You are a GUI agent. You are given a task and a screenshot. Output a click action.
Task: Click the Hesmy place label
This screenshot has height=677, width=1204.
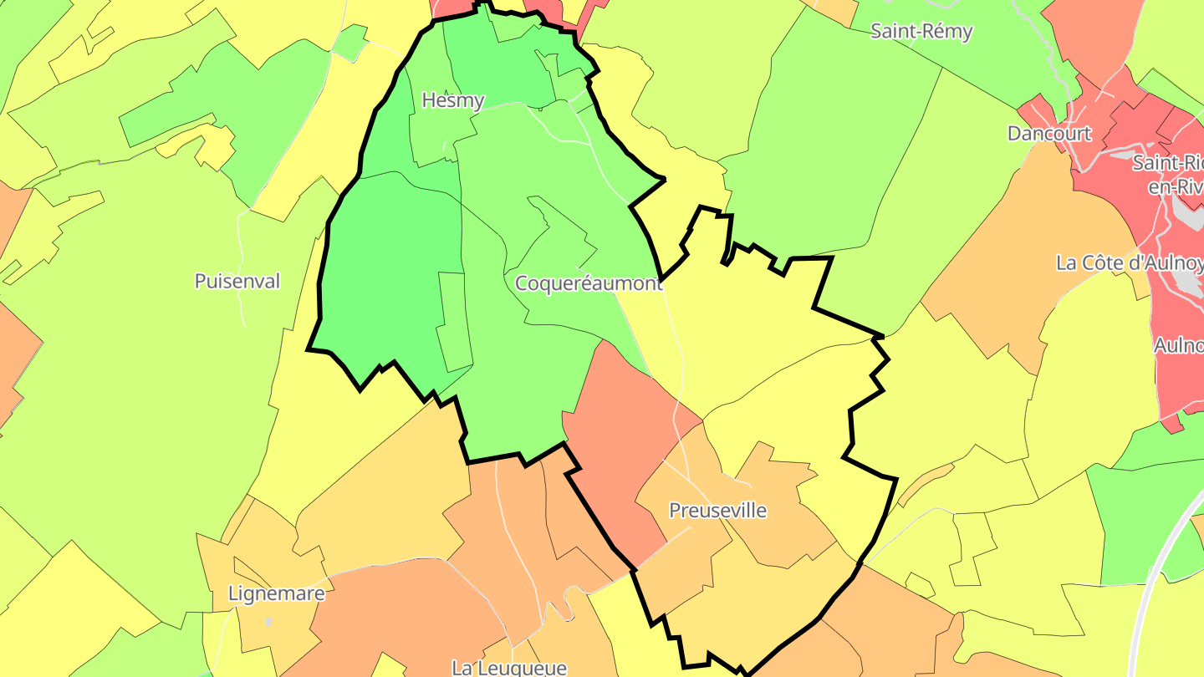(x=453, y=100)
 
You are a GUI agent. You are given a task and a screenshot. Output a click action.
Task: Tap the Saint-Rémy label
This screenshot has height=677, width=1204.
(x=921, y=32)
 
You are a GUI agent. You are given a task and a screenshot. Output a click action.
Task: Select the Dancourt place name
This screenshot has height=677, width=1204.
(x=1049, y=134)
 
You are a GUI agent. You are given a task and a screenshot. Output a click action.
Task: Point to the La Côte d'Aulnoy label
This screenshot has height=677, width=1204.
(x=1129, y=263)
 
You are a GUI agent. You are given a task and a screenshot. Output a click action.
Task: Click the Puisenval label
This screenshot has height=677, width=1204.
(x=237, y=281)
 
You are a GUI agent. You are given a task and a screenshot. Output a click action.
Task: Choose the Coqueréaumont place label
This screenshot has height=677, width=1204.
(x=588, y=283)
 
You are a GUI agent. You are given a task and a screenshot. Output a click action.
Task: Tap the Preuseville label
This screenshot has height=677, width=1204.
(x=717, y=510)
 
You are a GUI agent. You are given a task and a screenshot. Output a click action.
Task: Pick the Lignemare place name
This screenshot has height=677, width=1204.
(x=276, y=594)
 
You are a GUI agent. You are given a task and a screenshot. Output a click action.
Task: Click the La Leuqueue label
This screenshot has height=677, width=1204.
(x=508, y=668)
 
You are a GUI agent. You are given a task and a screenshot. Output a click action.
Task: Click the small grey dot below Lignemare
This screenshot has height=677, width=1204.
(x=268, y=622)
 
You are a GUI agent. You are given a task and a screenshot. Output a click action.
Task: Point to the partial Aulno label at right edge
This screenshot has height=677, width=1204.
(x=1178, y=344)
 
